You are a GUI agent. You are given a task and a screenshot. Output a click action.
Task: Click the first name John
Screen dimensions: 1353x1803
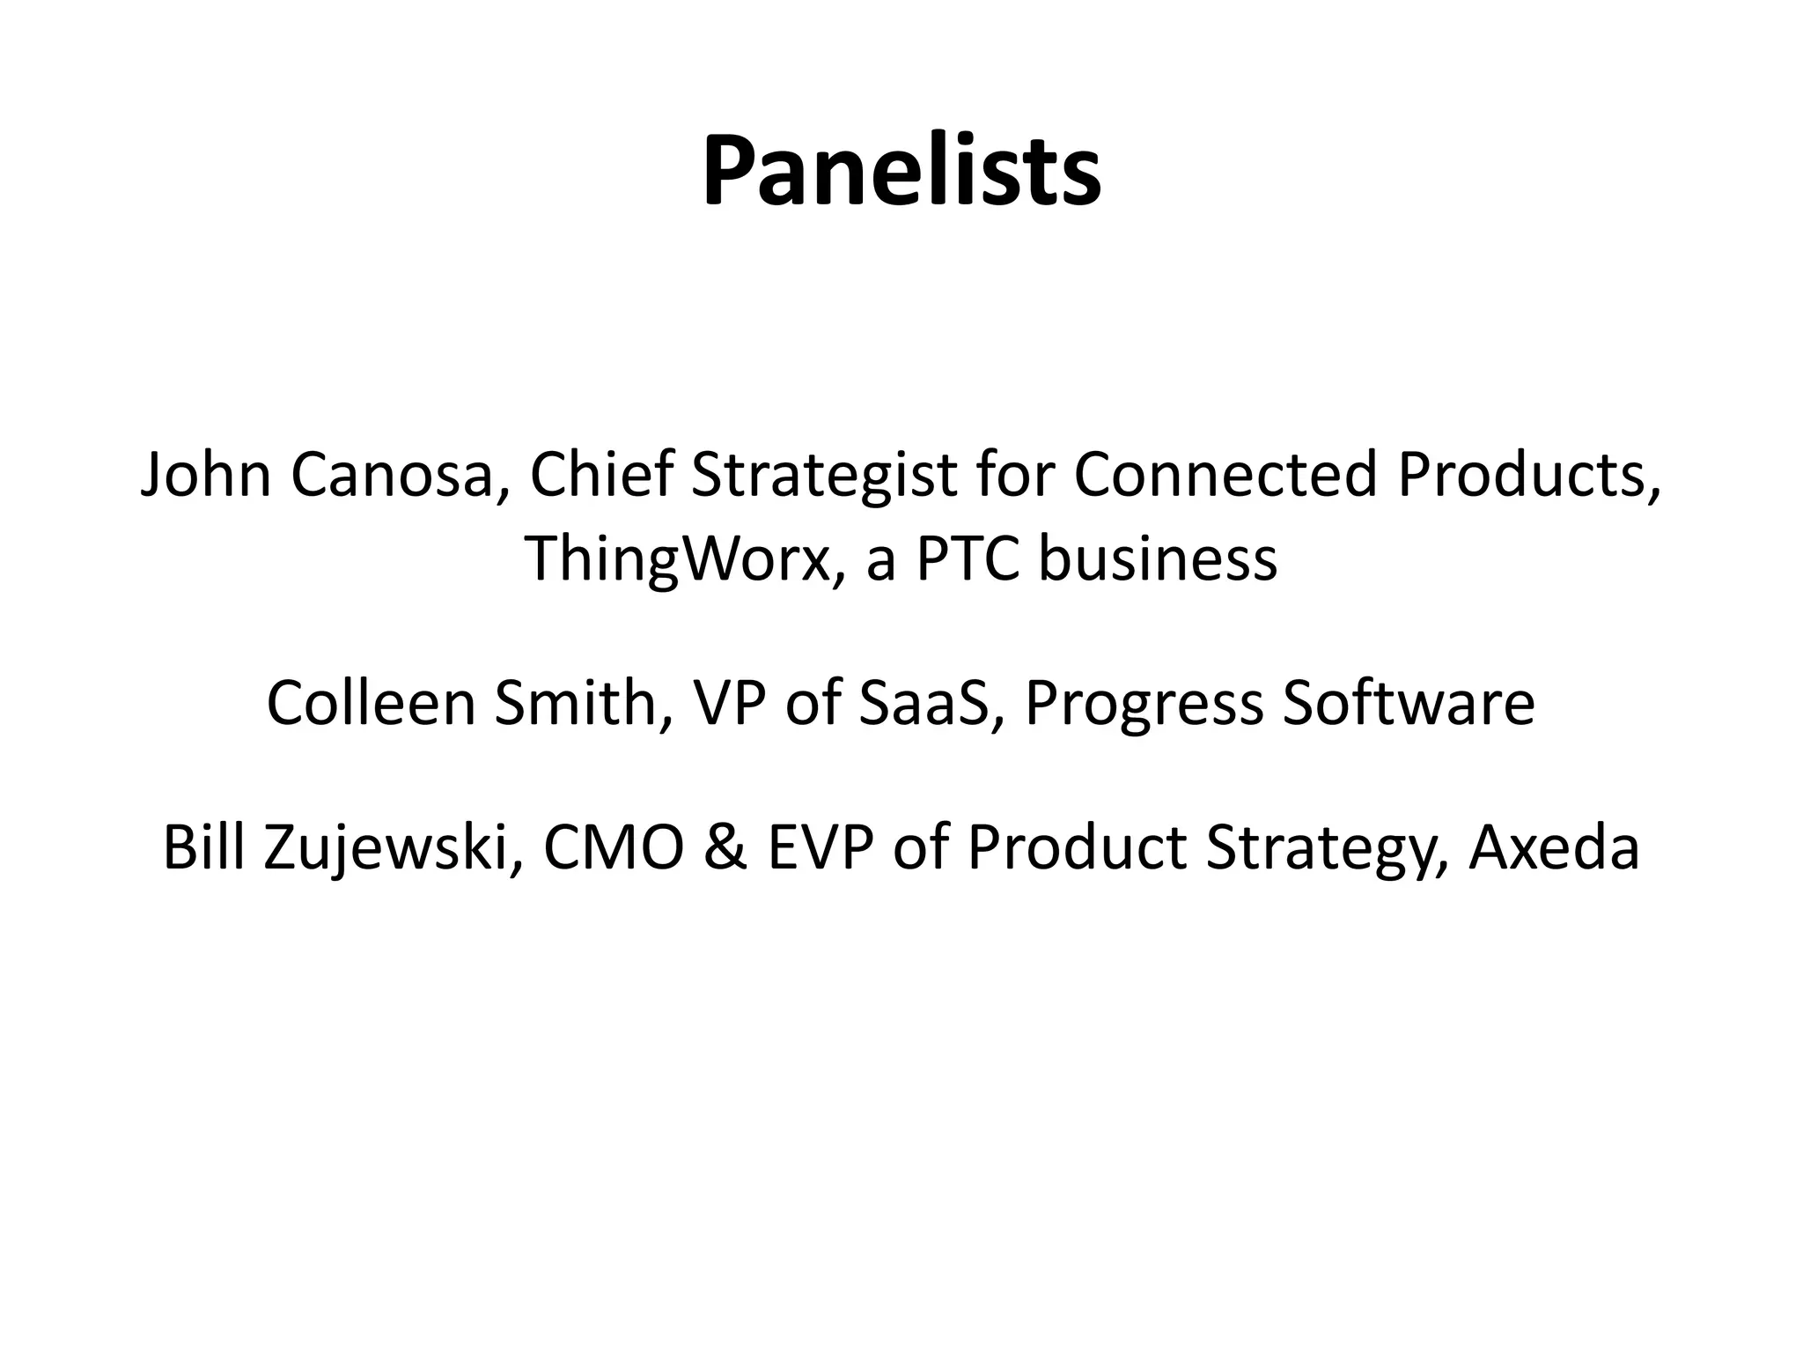coord(206,475)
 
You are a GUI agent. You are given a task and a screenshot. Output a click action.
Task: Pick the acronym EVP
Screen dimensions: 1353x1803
coord(821,847)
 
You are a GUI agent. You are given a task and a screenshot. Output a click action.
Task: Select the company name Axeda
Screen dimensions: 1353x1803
coord(1554,847)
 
